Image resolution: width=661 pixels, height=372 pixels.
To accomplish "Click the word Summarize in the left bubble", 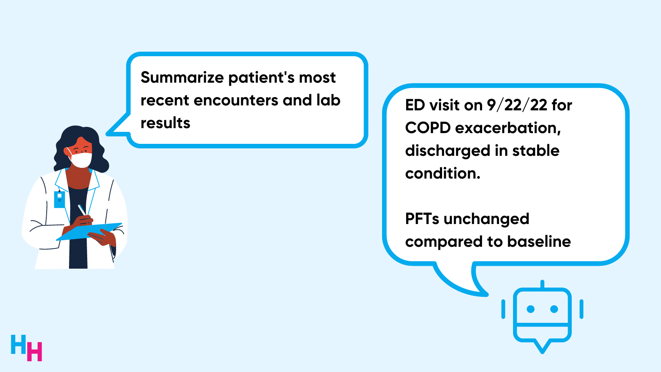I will pyautogui.click(x=182, y=78).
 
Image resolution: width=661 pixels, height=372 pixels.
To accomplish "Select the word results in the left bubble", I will pyautogui.click(x=165, y=123).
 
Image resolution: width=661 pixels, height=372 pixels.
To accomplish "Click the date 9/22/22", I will pyautogui.click(x=517, y=105).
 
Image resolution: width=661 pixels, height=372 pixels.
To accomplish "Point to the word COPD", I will pyautogui.click(x=428, y=128).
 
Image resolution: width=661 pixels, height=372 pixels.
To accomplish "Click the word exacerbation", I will pyautogui.click(x=508, y=128).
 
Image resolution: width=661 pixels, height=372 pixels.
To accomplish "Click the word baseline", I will pyautogui.click(x=539, y=242).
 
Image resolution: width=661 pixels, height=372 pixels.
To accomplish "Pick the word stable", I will pyautogui.click(x=536, y=151).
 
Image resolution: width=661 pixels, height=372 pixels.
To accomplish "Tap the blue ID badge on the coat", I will pyautogui.click(x=59, y=199).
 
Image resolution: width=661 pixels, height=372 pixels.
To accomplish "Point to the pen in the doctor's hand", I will pyautogui.click(x=82, y=210).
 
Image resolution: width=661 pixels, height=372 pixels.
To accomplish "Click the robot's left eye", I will pyautogui.click(x=531, y=309).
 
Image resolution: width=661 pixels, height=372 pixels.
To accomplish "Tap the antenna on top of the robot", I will pyautogui.click(x=542, y=284).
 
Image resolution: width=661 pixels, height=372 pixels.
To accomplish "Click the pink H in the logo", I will pyautogui.click(x=35, y=352).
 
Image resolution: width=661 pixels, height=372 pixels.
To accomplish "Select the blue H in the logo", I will pyautogui.click(x=18, y=345).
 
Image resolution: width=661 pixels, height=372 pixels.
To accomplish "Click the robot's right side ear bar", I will pyautogui.click(x=581, y=309).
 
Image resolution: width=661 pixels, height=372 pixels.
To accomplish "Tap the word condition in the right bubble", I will pyautogui.click(x=442, y=174).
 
